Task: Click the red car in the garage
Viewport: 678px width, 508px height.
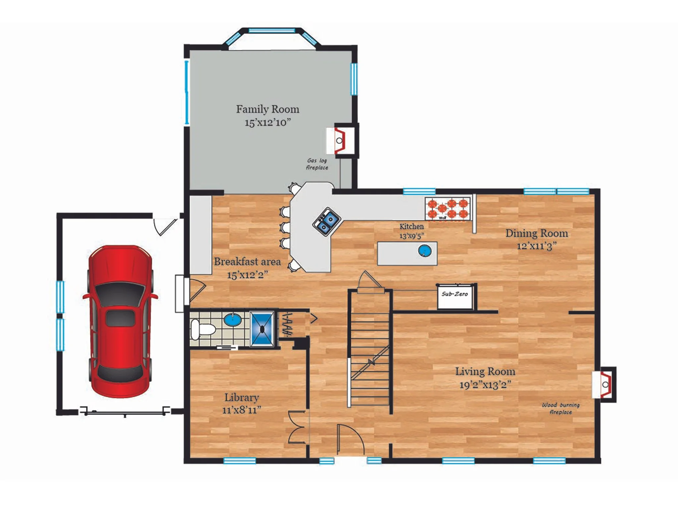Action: coord(120,321)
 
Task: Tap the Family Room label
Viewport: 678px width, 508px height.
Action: coord(267,109)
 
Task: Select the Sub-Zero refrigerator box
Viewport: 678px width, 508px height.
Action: coord(456,296)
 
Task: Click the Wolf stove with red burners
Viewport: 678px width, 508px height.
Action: coord(448,209)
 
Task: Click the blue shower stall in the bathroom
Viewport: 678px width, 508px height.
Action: coord(262,329)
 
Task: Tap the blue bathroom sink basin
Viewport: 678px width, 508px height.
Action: coord(233,320)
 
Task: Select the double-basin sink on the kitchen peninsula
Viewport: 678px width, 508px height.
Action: coord(327,221)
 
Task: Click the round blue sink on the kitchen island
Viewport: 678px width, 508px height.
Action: coord(425,251)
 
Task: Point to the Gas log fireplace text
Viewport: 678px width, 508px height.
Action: coord(317,164)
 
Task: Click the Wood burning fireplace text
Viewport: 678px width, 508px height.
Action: coord(560,408)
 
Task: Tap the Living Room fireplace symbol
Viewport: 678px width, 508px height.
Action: coord(604,385)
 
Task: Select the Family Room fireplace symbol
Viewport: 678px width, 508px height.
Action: coord(342,141)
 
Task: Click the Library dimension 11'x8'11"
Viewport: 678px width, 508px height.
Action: coord(242,410)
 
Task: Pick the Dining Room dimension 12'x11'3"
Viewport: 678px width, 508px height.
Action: coord(537,246)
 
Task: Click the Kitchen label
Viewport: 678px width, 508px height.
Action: coord(412,227)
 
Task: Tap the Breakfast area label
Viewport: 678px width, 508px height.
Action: coord(247,262)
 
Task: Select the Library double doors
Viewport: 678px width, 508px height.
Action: coord(297,427)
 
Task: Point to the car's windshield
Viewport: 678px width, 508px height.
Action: coord(120,294)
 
